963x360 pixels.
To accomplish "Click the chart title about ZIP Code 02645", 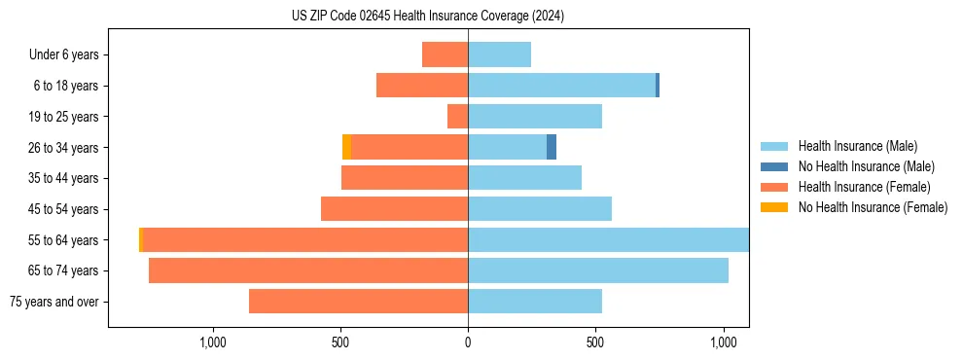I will tap(427, 16).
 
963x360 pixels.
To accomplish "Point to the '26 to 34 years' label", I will tap(64, 148).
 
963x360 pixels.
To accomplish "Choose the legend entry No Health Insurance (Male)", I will tap(866, 166).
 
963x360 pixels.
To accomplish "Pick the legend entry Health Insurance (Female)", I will tap(864, 187).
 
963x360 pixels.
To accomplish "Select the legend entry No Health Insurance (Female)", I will tap(873, 207).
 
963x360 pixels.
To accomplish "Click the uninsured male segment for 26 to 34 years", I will tap(552, 147).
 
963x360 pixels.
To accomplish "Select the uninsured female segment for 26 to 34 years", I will tap(346, 147).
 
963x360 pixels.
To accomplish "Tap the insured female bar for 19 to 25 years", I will tap(457, 117).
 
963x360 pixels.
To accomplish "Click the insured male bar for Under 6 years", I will tap(499, 54).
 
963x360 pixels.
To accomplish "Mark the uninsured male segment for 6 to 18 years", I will tap(658, 86).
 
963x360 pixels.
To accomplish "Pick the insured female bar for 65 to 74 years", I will tap(308, 270).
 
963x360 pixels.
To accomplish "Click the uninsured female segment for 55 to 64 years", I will tap(141, 239).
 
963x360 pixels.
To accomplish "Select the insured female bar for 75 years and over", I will tap(358, 302).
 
